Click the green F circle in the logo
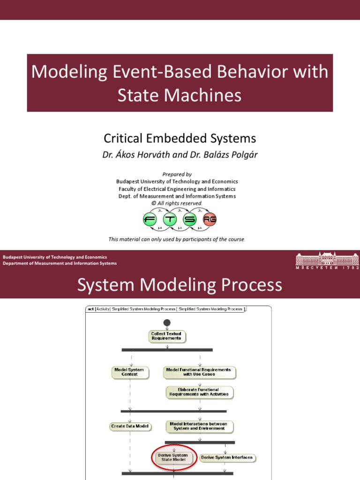[x=150, y=219]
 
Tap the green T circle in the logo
[x=170, y=219]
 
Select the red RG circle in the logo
[x=210, y=219]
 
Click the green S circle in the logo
[x=190, y=219]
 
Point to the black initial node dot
[x=167, y=322]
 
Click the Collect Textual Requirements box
[x=166, y=336]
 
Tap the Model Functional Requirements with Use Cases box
[x=200, y=372]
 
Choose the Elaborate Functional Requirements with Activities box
[x=200, y=392]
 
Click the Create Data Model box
[x=130, y=426]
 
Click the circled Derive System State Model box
[x=174, y=457]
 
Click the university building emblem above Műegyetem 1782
[x=327, y=258]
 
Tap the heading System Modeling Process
[x=180, y=285]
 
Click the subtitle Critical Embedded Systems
[x=180, y=138]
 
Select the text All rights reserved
[x=180, y=203]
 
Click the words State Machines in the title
[x=180, y=95]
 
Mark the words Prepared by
[x=177, y=174]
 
